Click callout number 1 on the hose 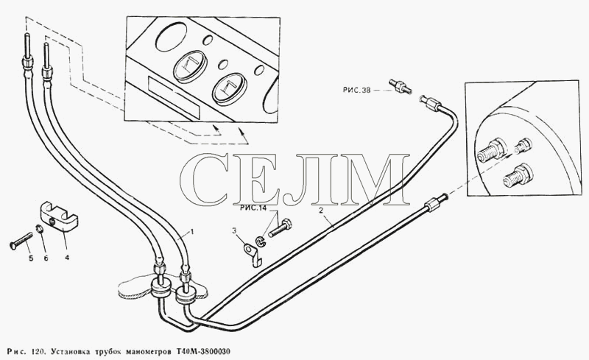pyautogui.click(x=192, y=232)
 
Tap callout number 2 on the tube pyautogui.click(x=321, y=211)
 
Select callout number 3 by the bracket pyautogui.click(x=234, y=230)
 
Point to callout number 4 pyautogui.click(x=67, y=258)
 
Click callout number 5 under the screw pyautogui.click(x=31, y=258)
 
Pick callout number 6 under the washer pyautogui.click(x=46, y=258)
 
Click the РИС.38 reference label pyautogui.click(x=357, y=90)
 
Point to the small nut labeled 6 pyautogui.click(x=40, y=228)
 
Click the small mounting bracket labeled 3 pyautogui.click(x=253, y=254)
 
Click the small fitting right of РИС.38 pyautogui.click(x=401, y=86)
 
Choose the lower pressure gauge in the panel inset pyautogui.click(x=230, y=89)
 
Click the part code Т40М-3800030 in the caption pyautogui.click(x=203, y=352)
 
